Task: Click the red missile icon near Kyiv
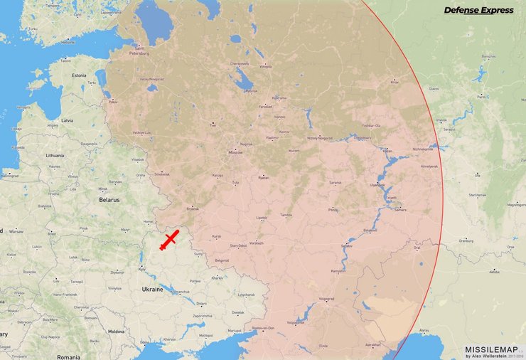coord(169,240)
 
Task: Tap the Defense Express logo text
coord(478,10)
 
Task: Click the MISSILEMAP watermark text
coord(490,349)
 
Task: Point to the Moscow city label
coord(235,153)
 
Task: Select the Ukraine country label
coord(153,290)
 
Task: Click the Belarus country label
coord(109,201)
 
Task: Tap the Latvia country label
coord(67,120)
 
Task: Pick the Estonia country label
coord(78,75)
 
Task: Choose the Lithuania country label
coord(55,155)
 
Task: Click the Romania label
coord(69,356)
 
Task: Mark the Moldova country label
coord(116,332)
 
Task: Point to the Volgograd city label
coord(326,300)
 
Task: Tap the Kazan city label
coord(387,151)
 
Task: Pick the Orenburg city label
coord(466,240)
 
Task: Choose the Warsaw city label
coord(16,231)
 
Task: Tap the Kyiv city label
coord(142,268)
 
